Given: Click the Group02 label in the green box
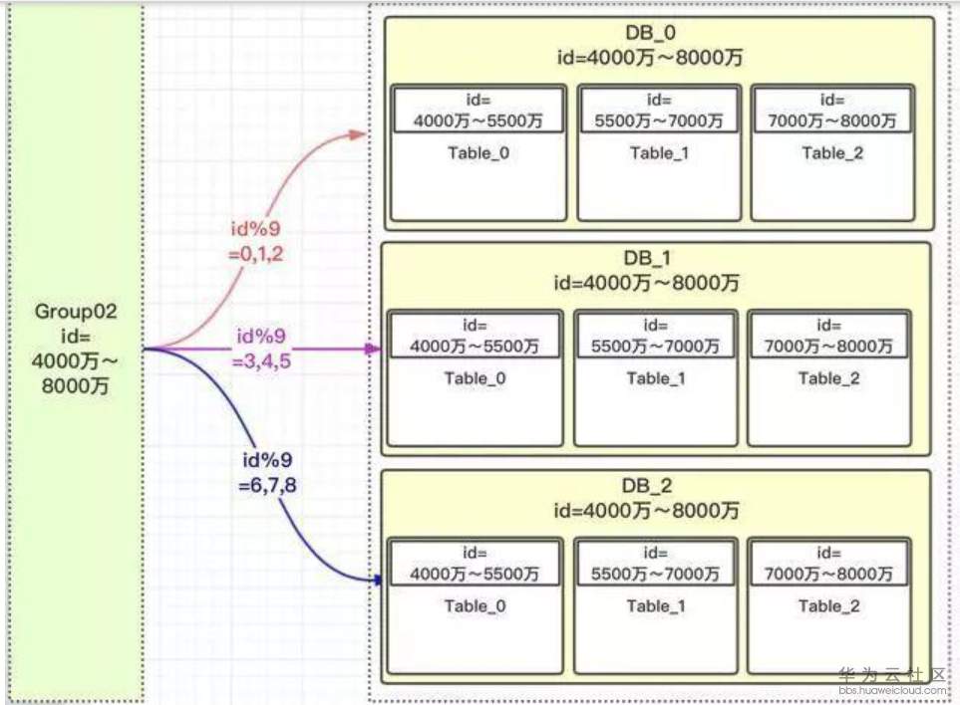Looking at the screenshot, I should click(77, 312).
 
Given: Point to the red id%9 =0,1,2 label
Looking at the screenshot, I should click(256, 243).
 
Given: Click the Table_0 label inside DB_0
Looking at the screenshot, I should click(477, 152).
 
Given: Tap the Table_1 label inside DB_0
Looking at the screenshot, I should click(659, 152).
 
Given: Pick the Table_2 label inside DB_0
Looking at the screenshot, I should click(830, 152).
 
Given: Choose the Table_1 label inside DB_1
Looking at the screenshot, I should click(656, 378).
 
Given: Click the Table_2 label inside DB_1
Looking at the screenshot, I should click(827, 378).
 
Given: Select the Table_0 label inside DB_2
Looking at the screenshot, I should click(475, 605).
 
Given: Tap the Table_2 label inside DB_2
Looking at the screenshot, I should click(827, 605).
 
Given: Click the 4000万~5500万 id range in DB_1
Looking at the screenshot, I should click(475, 348).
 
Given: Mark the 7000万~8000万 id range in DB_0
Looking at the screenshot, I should click(832, 120).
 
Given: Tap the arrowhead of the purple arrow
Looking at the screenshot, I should click(374, 350).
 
